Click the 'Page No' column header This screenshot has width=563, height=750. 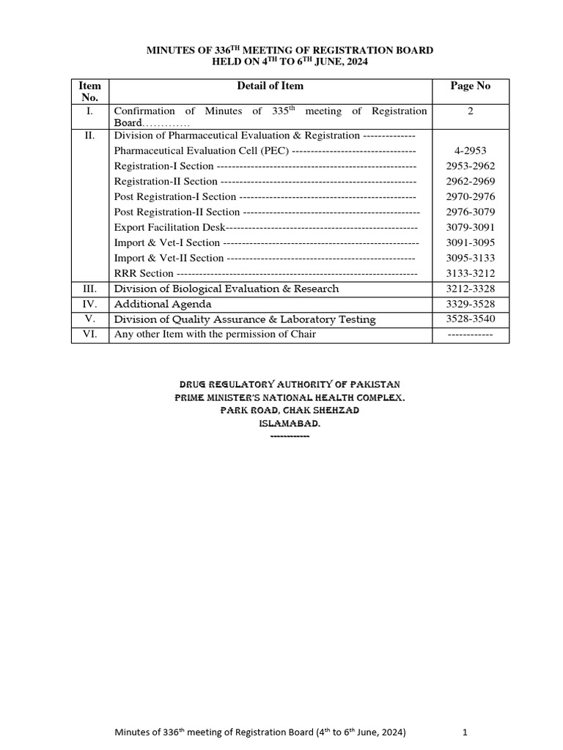tap(470, 86)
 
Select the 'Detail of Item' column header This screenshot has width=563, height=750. tap(270, 86)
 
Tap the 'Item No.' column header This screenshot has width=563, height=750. tap(89, 92)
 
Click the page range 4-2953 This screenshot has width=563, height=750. tap(470, 151)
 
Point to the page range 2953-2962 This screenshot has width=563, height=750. tap(470, 166)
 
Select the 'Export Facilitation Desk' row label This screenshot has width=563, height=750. tap(169, 227)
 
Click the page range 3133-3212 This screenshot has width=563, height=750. tap(470, 273)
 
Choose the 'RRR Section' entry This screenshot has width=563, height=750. tap(144, 273)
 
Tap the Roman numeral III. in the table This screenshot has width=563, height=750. tap(89, 289)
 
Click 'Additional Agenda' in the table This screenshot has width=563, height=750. tap(163, 304)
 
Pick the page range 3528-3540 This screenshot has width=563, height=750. tap(470, 319)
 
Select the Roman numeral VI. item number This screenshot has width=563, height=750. tap(89, 335)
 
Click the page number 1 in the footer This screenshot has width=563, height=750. tap(465, 732)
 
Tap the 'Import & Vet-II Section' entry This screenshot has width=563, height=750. tap(169, 258)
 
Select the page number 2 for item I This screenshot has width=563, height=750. tap(470, 111)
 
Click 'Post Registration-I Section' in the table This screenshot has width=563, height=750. tap(175, 196)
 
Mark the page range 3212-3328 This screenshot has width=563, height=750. tap(470, 289)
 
